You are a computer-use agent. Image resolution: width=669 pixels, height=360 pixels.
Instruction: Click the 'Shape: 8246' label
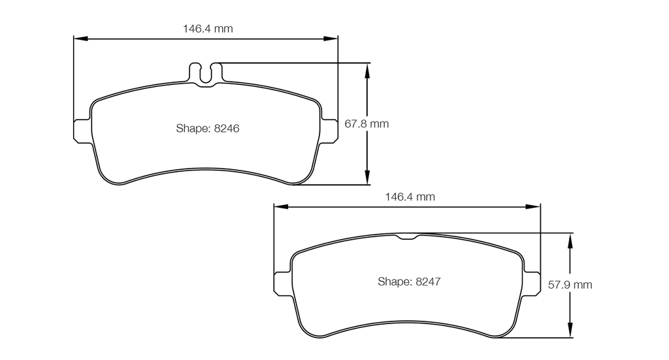207,128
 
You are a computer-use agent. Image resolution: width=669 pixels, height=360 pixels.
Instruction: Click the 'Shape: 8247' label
409,282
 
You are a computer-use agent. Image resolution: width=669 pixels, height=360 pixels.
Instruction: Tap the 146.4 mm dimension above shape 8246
208,29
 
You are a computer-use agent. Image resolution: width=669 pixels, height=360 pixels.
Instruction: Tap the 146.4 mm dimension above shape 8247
410,197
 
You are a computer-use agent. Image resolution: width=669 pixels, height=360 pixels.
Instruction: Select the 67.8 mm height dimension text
367,123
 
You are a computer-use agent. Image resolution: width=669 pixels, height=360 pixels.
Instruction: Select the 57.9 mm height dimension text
570,284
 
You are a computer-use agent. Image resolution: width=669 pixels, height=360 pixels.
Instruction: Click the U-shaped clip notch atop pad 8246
205,75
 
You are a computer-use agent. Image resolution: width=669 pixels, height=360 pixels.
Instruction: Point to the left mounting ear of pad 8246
82,131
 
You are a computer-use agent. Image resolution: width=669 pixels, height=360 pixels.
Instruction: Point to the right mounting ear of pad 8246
329,131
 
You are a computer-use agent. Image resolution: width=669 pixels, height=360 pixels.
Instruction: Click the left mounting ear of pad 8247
282,283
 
